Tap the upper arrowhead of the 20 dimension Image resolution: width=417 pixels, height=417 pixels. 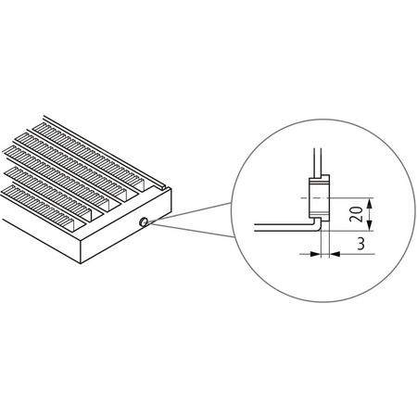(370, 200)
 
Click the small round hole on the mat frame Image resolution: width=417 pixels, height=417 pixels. (144, 222)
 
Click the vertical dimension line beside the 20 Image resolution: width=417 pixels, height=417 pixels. (370, 213)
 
